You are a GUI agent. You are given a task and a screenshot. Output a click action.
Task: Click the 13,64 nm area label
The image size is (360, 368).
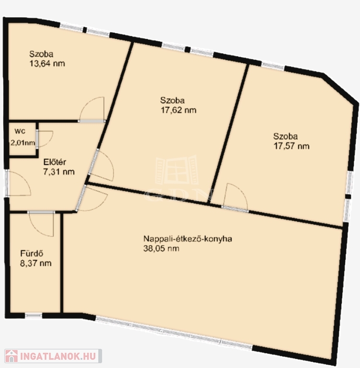click(47, 64)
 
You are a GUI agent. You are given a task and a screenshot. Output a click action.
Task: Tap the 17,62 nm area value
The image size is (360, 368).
click(178, 110)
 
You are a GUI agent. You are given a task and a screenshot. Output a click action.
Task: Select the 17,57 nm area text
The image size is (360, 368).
click(291, 146)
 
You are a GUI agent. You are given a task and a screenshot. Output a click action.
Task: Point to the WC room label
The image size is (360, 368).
click(20, 131)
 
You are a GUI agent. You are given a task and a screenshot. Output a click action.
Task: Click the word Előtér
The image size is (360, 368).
click(55, 162)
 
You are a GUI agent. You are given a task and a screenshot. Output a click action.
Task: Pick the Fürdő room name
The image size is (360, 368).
click(32, 253)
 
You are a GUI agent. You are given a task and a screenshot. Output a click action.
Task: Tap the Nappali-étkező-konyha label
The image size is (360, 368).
click(187, 239)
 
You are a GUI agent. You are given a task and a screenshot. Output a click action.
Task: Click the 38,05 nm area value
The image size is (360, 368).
click(161, 248)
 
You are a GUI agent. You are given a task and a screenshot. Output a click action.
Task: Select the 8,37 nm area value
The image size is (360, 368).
click(35, 263)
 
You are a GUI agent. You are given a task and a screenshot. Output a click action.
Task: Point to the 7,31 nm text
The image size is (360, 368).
click(59, 172)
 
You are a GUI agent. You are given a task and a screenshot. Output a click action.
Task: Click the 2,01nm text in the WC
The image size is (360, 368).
click(23, 143)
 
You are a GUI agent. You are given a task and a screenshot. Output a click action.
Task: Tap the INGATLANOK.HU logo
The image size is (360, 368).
click(53, 356)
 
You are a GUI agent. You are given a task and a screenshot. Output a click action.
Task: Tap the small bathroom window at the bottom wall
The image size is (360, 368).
click(34, 316)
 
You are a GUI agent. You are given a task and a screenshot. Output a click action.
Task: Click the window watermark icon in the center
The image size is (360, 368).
click(177, 170)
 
